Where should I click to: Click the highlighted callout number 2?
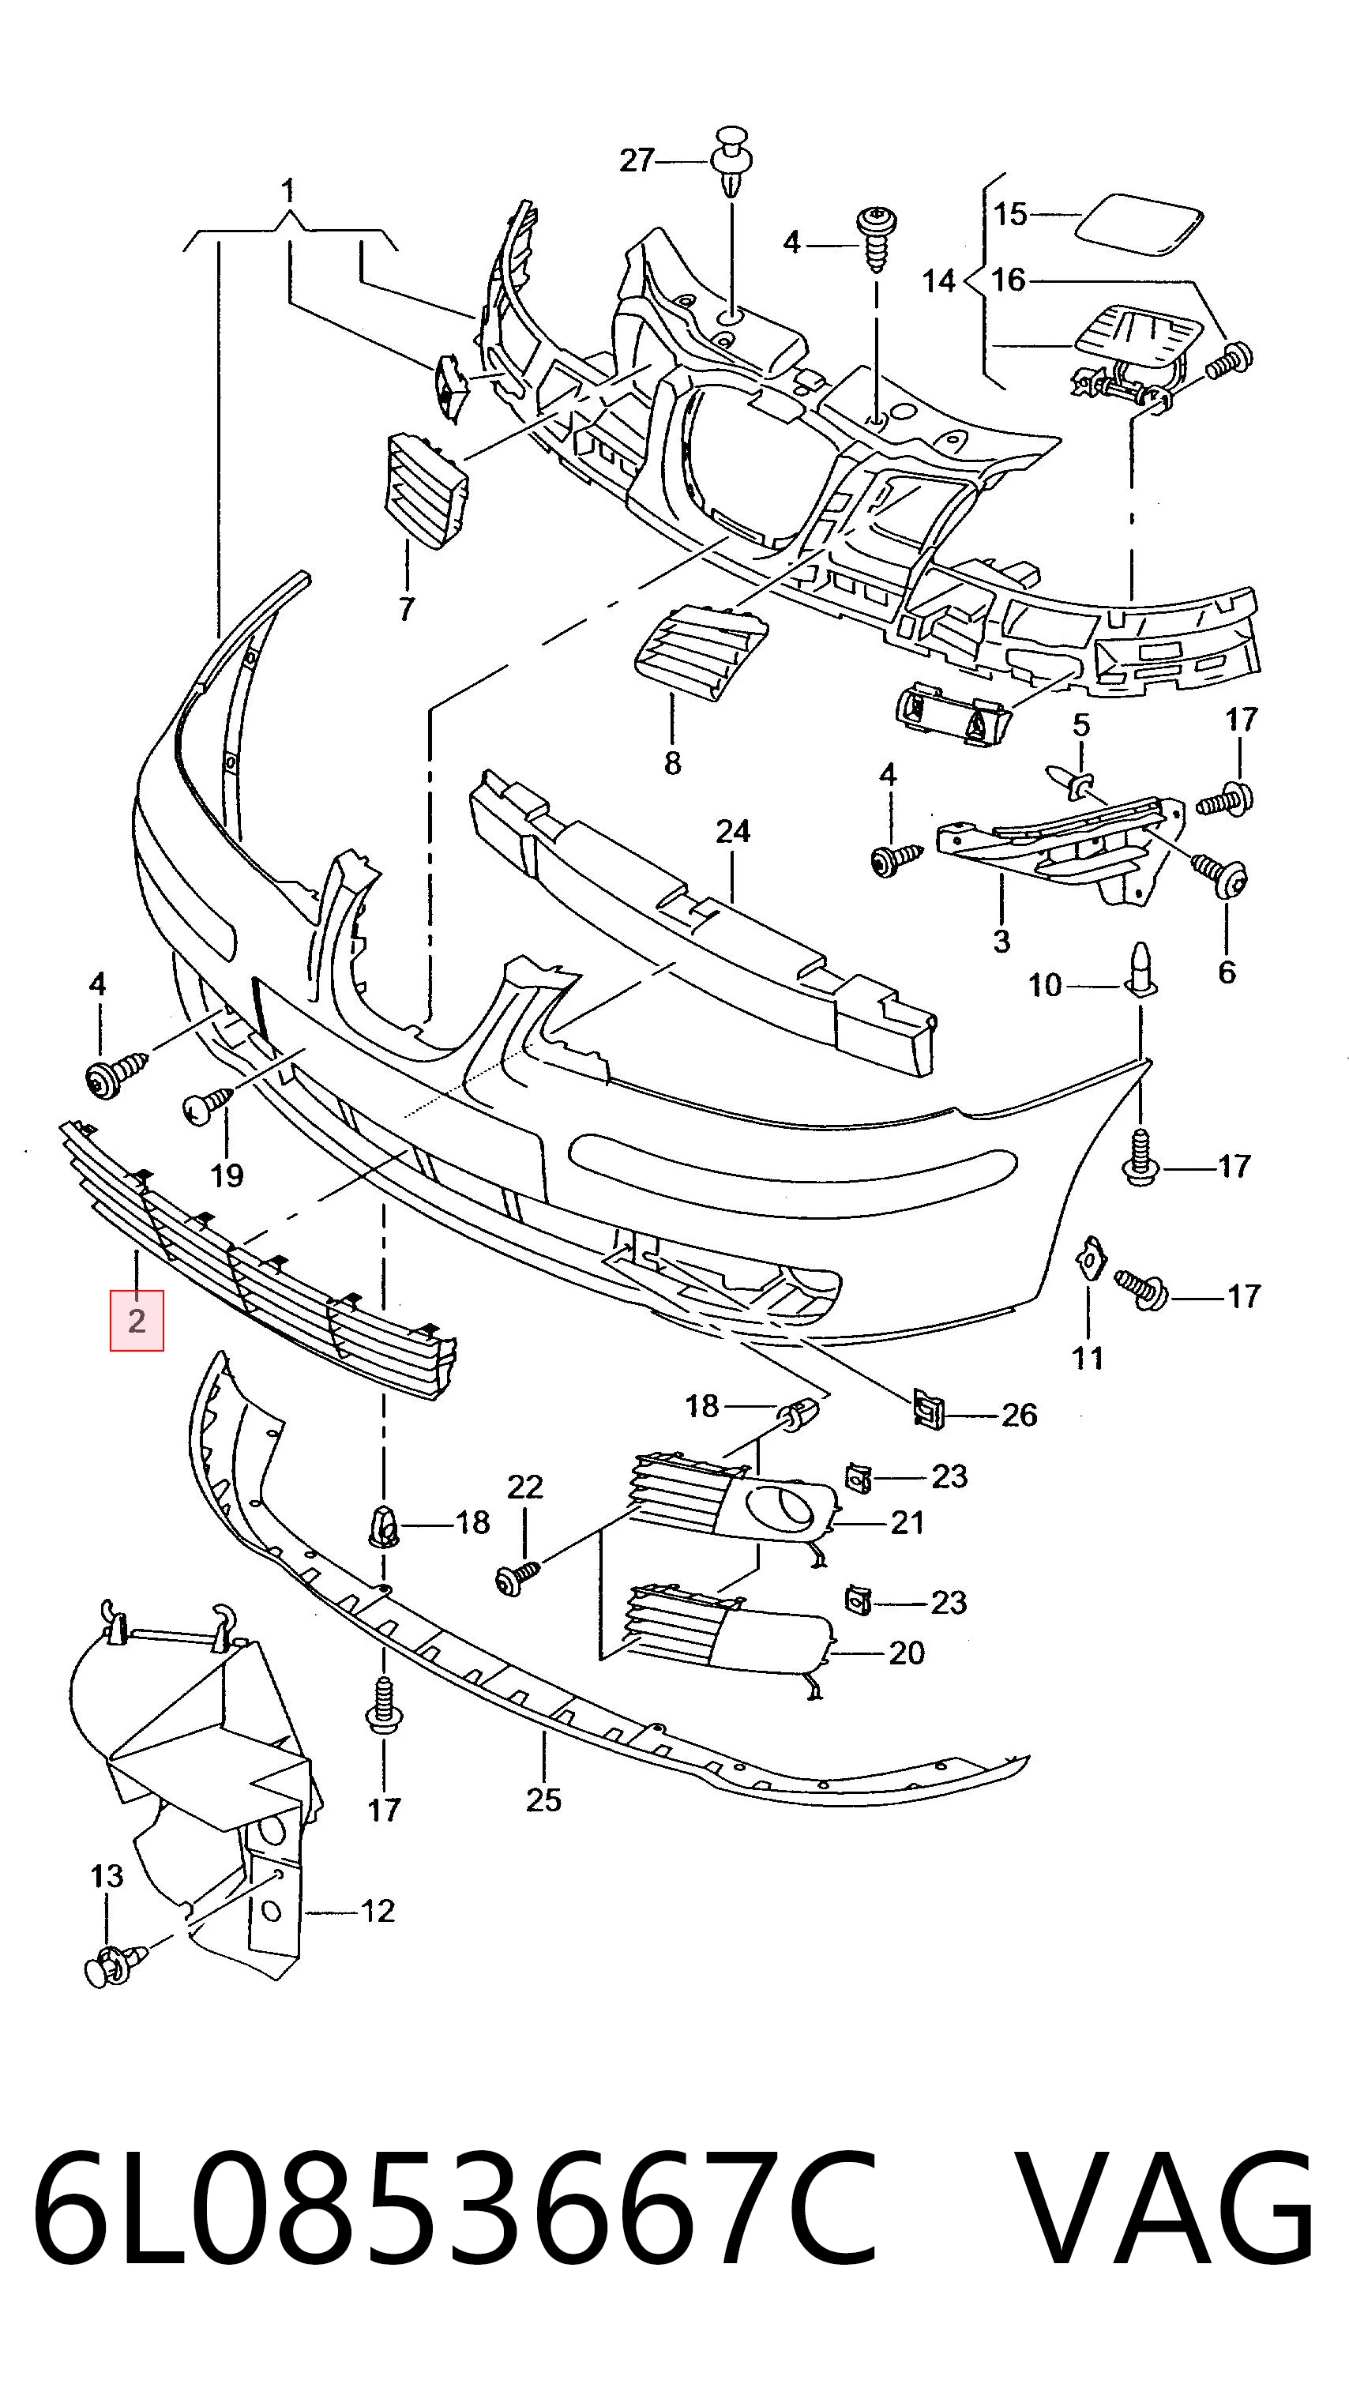click(x=137, y=1320)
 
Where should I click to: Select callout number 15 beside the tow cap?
click(x=1009, y=215)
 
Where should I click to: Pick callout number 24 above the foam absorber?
click(x=732, y=830)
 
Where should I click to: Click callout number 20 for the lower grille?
click(x=906, y=1653)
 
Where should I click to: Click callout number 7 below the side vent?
click(x=406, y=610)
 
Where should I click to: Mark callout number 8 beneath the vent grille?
click(x=673, y=763)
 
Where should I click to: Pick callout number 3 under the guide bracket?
click(x=1001, y=940)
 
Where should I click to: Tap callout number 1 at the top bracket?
click(x=288, y=191)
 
